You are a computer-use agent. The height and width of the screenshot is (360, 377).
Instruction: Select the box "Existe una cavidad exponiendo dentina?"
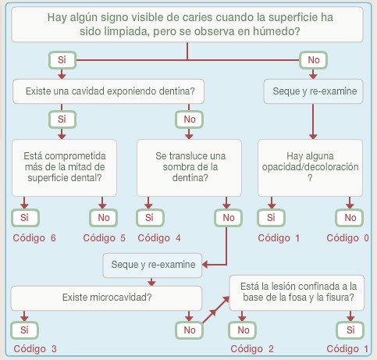[108, 91]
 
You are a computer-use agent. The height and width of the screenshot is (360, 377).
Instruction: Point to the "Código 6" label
[34, 238]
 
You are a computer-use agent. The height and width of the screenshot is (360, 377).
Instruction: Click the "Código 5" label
[104, 238]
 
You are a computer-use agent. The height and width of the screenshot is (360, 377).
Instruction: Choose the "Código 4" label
[159, 238]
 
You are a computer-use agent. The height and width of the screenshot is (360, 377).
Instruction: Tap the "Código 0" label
[347, 238]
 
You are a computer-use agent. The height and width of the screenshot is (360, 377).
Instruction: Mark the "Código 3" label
[35, 349]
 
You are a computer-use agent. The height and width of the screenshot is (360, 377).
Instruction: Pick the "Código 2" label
[252, 349]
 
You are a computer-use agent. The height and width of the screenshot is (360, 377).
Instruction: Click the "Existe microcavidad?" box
[106, 298]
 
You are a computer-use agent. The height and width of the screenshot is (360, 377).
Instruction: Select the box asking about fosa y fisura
[297, 293]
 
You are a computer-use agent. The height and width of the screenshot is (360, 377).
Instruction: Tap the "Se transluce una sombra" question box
[189, 168]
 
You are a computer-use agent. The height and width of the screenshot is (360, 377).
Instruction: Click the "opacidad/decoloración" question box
[310, 168]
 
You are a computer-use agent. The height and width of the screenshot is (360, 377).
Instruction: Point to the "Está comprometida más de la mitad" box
[64, 168]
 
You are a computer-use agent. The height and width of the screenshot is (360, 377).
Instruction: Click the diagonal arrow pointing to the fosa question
[215, 310]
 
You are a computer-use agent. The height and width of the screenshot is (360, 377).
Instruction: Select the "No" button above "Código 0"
[350, 218]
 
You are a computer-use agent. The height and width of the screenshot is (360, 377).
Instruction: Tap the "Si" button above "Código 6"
[25, 218]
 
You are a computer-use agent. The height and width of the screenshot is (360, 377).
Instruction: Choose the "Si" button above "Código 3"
[24, 330]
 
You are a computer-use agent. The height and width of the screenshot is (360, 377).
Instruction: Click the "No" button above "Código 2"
[243, 330]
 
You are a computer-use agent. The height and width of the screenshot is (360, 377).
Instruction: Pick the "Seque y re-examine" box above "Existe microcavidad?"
[152, 266]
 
